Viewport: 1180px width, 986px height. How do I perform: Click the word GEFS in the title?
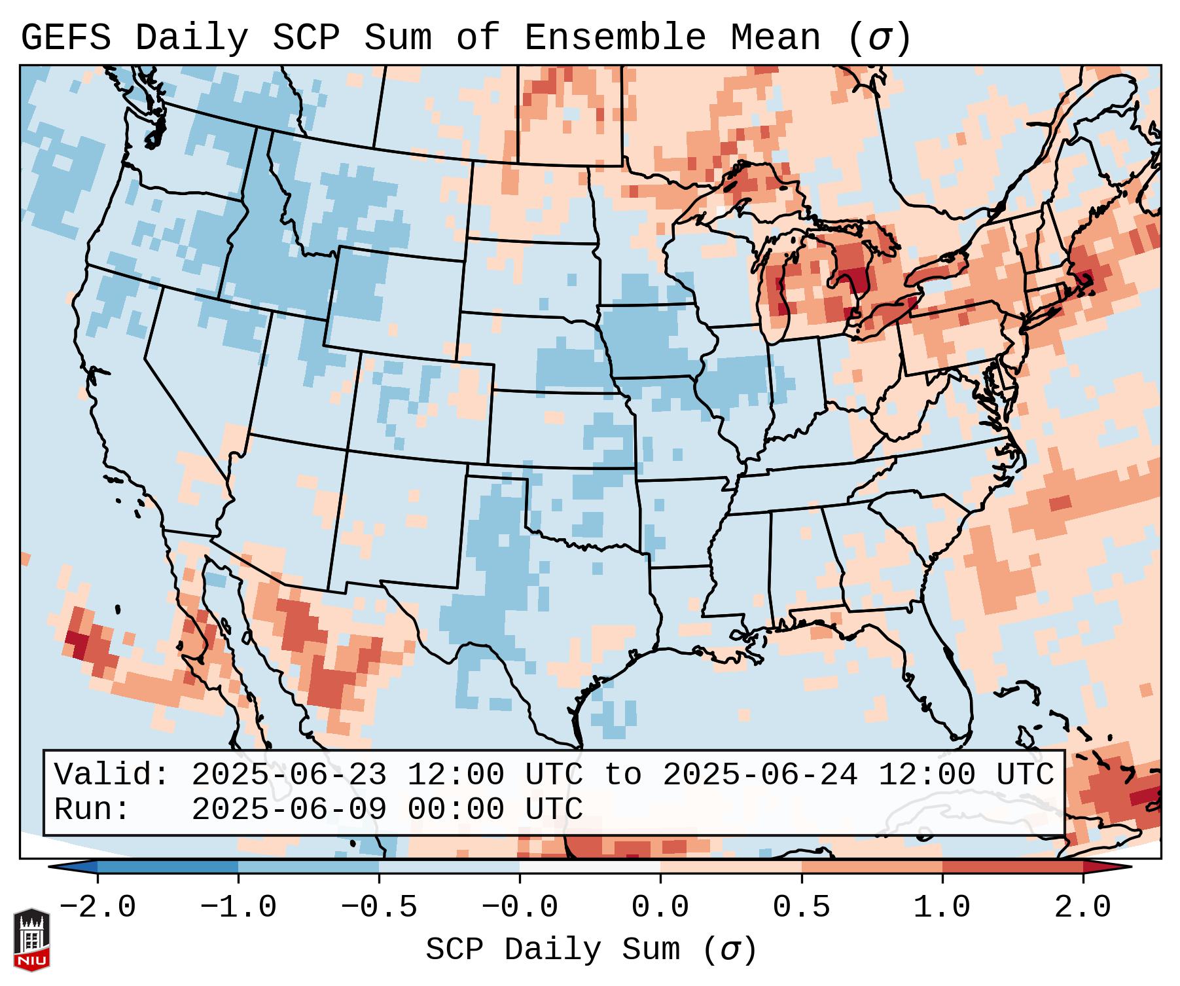click(65, 38)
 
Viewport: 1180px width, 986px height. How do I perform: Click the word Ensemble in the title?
click(615, 38)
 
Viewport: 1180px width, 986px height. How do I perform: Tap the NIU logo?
click(31, 939)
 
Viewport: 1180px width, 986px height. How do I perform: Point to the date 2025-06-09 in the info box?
click(289, 810)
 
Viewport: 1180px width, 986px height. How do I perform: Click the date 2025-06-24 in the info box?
click(760, 775)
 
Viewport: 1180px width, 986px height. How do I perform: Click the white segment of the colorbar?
click(590, 866)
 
